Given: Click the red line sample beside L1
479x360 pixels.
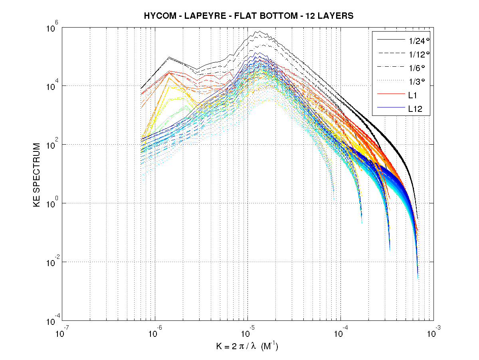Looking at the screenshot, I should pyautogui.click(x=389, y=95).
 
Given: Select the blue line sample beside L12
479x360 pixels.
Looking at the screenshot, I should pyautogui.click(x=389, y=108).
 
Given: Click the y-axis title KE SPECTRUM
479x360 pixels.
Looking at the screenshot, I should pyautogui.click(x=37, y=174).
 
